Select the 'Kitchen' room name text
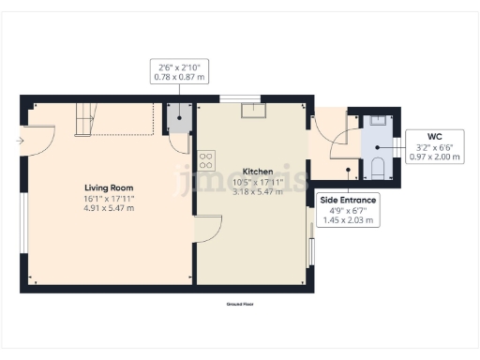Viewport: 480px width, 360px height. [x=258, y=172]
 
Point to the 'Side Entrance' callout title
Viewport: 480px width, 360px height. [x=348, y=201]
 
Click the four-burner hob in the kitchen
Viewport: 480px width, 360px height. [x=206, y=159]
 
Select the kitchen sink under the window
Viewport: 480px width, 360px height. [x=253, y=112]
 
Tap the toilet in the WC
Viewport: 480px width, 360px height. [x=377, y=168]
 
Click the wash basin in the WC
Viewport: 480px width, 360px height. [x=377, y=120]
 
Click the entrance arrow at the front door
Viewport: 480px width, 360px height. [x=21, y=142]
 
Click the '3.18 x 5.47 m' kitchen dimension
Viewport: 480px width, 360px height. [x=258, y=192]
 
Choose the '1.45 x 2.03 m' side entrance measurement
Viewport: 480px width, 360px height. [x=348, y=221]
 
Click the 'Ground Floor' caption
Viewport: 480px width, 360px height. [x=240, y=305]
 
